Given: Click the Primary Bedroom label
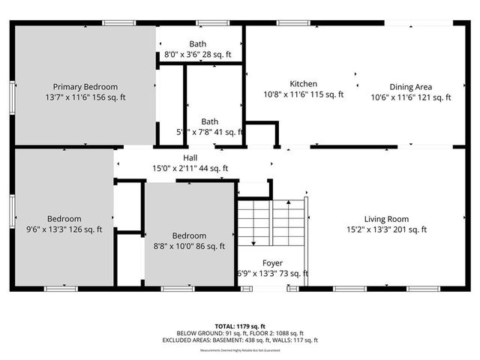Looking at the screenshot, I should (85, 87).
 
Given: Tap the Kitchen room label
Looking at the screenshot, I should (304, 84).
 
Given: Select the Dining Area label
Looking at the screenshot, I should (410, 87).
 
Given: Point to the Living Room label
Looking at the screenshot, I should (386, 219).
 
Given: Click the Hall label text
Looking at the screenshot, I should (190, 158).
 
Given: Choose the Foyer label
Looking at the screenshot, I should (272, 263).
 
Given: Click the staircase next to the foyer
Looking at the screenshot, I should (271, 222).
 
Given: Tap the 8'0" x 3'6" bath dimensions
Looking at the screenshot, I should (199, 55).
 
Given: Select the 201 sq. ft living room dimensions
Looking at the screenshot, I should (386, 229).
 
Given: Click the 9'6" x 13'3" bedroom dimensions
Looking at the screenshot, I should (64, 229).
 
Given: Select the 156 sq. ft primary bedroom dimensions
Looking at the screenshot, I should (85, 97).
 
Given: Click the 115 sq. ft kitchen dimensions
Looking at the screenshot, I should (304, 94).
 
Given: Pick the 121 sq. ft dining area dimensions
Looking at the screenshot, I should (410, 97).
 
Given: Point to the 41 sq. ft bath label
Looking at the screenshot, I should (210, 132).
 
